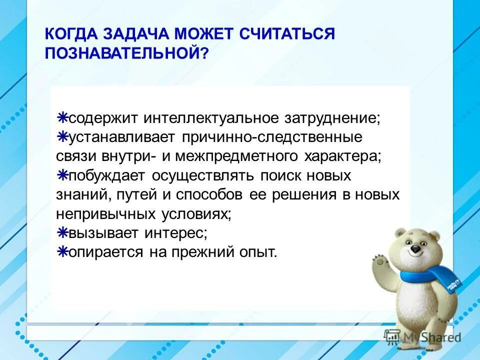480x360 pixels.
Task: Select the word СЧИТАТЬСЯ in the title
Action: (287, 33)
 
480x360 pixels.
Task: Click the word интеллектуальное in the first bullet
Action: (211, 118)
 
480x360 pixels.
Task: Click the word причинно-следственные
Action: (272, 137)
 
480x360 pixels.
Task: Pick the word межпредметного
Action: (236, 156)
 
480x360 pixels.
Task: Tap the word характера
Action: (343, 156)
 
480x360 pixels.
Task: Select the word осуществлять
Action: (202, 176)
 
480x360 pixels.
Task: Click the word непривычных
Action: (106, 214)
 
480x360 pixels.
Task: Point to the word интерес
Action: (176, 233)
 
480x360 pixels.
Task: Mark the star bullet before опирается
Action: (62, 251)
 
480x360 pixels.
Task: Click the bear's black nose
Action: (415, 249)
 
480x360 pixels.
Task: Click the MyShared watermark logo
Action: (422, 336)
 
